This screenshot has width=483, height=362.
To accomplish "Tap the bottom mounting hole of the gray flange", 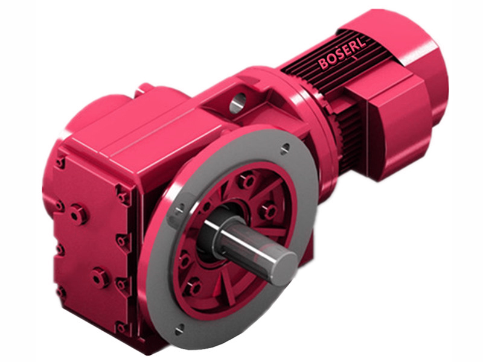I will [179, 329].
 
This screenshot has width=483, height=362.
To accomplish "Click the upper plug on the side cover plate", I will [77, 213].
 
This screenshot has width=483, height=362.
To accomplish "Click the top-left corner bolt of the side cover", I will [60, 162].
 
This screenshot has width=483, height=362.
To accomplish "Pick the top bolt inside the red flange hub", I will [245, 180].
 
